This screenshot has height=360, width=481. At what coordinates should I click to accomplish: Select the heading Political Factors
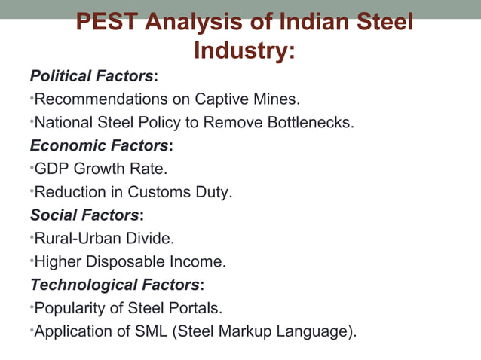click(x=91, y=76)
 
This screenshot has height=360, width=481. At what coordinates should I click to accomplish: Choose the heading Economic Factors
click(x=99, y=145)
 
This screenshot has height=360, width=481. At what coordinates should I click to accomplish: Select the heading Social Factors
click(x=84, y=215)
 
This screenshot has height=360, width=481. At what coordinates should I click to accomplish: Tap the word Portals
click(x=195, y=309)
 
